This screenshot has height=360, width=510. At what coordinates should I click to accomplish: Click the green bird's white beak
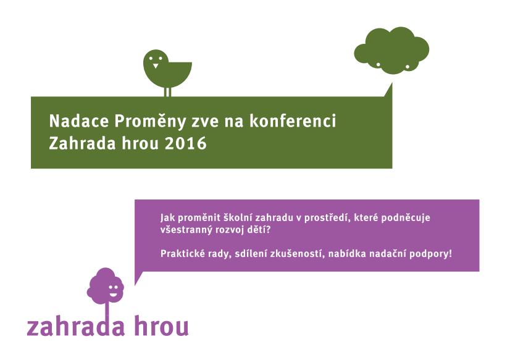pos(156,65)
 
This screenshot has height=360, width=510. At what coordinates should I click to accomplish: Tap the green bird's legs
pos(167,92)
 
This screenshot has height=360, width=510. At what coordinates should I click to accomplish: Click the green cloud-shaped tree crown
pos(391,51)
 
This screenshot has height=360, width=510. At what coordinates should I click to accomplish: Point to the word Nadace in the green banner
pos(78,121)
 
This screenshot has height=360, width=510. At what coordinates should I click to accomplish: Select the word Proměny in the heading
pos(150,122)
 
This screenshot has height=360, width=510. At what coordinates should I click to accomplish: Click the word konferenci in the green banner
pos(293,120)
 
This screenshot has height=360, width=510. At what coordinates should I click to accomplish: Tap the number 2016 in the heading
pos(186,143)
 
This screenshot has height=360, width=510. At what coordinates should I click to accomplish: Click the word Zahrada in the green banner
pos(82,143)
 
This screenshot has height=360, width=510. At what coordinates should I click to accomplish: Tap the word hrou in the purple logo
pos(161,326)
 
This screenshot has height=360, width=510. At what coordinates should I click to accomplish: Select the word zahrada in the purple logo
pos(76,327)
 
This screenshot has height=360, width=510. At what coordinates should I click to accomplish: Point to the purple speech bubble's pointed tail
pos(138,277)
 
